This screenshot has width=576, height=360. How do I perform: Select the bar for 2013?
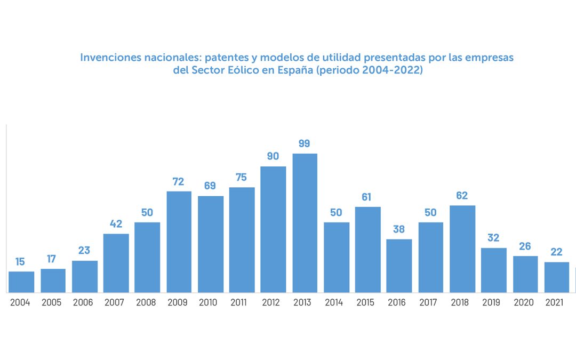(305, 223)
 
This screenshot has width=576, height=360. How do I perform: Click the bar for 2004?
(21, 282)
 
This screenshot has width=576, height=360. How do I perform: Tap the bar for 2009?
(179, 242)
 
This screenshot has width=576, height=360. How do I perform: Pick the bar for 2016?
(399, 266)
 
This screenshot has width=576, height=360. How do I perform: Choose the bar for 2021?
(557, 277)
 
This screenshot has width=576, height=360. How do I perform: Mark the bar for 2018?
(462, 249)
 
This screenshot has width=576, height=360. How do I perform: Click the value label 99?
(305, 143)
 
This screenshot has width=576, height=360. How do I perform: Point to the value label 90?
(273, 156)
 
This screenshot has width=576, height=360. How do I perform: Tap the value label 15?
(21, 261)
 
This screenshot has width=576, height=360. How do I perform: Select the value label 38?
(399, 229)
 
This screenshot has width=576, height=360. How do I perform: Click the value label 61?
(367, 197)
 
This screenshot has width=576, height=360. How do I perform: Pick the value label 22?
(557, 252)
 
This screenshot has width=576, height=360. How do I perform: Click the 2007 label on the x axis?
(115, 302)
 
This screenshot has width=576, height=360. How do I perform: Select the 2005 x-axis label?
(52, 302)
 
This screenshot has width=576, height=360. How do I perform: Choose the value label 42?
(116, 223)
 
